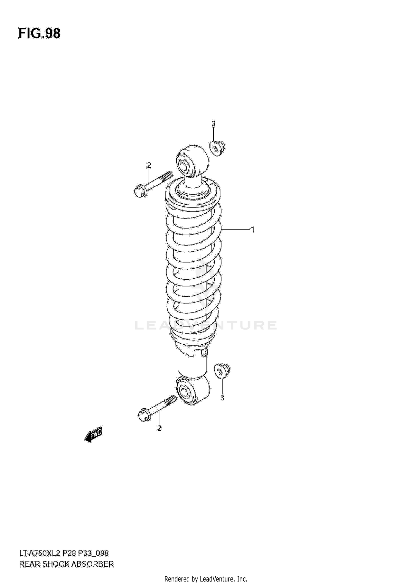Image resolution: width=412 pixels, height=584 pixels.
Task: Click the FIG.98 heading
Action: (x=40, y=34)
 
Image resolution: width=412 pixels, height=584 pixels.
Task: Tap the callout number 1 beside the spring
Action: (x=252, y=229)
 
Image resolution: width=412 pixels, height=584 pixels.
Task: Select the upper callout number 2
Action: (x=149, y=165)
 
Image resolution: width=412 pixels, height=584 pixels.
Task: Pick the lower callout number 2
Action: (x=159, y=428)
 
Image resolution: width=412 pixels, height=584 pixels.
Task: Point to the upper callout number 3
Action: (x=213, y=124)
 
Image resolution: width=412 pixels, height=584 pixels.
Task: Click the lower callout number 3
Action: (x=222, y=398)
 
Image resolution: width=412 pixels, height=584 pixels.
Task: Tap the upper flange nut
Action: (x=218, y=149)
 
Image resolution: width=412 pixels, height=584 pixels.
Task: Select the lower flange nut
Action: (x=222, y=372)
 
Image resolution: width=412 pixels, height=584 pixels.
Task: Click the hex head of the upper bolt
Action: (x=140, y=191)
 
